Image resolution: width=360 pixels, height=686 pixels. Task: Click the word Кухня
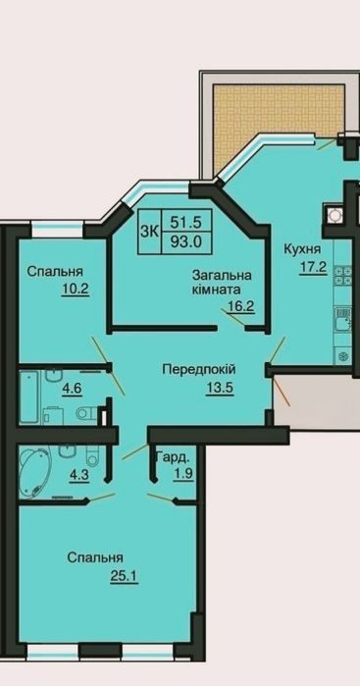pos(302,250)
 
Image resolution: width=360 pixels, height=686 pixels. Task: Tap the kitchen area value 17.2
pos(313,266)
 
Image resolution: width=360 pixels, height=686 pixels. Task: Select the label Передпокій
pos(199,370)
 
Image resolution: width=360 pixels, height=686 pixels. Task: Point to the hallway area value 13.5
pos(220,388)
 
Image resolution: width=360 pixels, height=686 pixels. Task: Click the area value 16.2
pos(241,305)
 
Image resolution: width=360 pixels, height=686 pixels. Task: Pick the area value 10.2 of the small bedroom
pos(76,289)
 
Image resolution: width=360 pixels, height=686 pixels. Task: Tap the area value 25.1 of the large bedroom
pos(125,577)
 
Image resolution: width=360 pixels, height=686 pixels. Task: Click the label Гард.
pos(174,458)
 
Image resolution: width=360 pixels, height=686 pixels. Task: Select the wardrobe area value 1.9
pos(183,475)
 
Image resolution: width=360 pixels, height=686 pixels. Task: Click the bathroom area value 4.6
pos(73,388)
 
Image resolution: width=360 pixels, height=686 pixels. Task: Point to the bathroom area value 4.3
pos(79,476)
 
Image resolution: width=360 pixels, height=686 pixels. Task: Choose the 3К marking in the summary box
pos(150,232)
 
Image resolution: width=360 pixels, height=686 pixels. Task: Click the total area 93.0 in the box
pos(186,242)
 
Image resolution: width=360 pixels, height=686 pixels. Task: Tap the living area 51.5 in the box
pos(186,223)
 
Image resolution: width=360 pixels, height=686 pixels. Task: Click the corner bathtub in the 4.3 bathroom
pos(35,472)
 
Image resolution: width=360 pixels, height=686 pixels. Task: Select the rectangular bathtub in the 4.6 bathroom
pos(28,397)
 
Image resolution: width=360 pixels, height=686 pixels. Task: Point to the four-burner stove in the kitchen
pos(343,276)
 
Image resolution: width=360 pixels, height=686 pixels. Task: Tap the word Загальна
pos(223,276)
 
